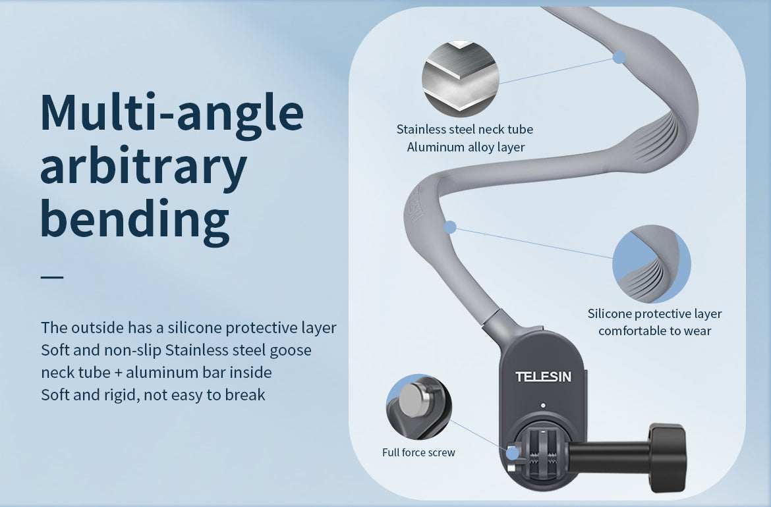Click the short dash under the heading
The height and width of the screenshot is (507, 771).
[52, 277]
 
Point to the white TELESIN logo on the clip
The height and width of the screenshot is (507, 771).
[543, 377]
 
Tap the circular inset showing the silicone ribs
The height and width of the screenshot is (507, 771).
[651, 264]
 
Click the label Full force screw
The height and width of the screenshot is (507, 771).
[418, 452]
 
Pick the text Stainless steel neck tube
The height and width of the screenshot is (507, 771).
[465, 129]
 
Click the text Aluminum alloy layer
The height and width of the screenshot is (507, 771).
[466, 147]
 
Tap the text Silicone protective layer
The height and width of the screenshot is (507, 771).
[654, 313]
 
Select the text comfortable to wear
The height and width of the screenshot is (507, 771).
[654, 331]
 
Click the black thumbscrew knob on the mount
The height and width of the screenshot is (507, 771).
[667, 450]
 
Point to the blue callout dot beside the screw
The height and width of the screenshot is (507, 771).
[512, 453]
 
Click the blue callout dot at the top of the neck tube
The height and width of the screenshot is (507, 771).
[619, 57]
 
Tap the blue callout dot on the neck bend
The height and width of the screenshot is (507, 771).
[450, 227]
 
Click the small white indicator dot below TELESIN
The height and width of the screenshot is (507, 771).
[543, 406]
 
